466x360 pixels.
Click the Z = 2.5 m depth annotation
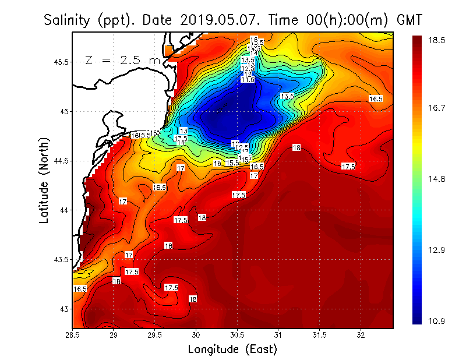(x=123, y=60)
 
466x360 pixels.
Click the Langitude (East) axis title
(x=232, y=349)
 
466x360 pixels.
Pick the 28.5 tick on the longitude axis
(x=73, y=336)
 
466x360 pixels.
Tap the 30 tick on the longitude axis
(x=196, y=336)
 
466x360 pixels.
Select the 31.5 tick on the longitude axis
(x=320, y=336)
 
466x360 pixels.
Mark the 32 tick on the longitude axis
(x=361, y=336)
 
